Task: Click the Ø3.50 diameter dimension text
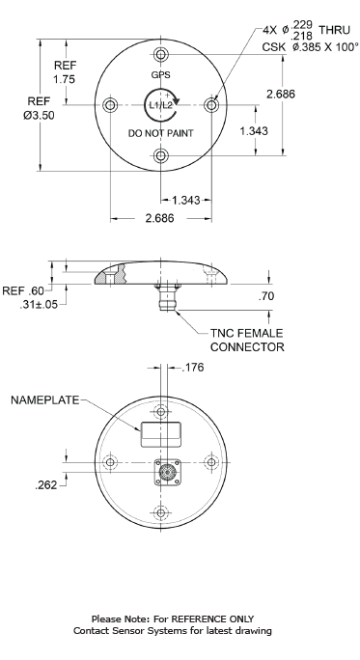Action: pos(39,115)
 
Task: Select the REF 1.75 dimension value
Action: pos(65,79)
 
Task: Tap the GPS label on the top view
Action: pos(160,75)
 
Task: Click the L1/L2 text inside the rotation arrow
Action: pos(158,105)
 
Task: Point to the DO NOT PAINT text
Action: pos(160,133)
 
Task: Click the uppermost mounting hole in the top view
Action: pos(160,54)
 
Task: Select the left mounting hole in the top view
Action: pos(110,105)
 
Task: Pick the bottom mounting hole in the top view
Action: pos(160,155)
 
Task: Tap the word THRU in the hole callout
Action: pos(334,30)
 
